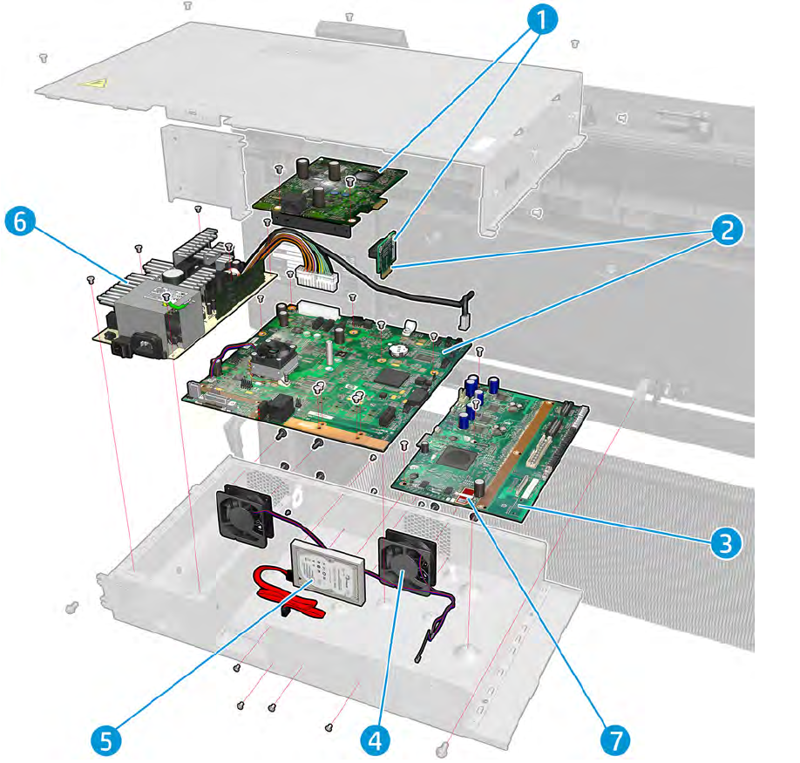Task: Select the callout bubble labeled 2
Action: [724, 230]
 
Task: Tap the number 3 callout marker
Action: [724, 542]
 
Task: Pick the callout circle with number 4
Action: [374, 740]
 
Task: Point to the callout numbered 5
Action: [105, 740]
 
